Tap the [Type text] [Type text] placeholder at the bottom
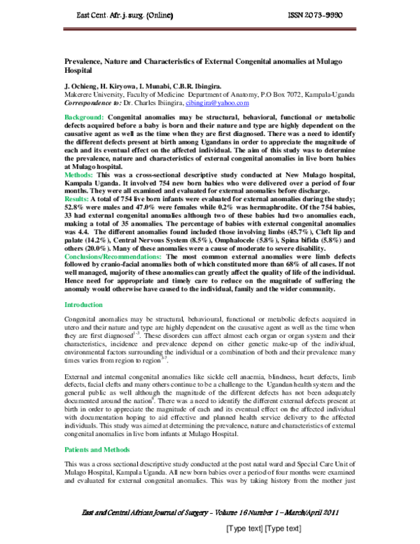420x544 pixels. [262, 529]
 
